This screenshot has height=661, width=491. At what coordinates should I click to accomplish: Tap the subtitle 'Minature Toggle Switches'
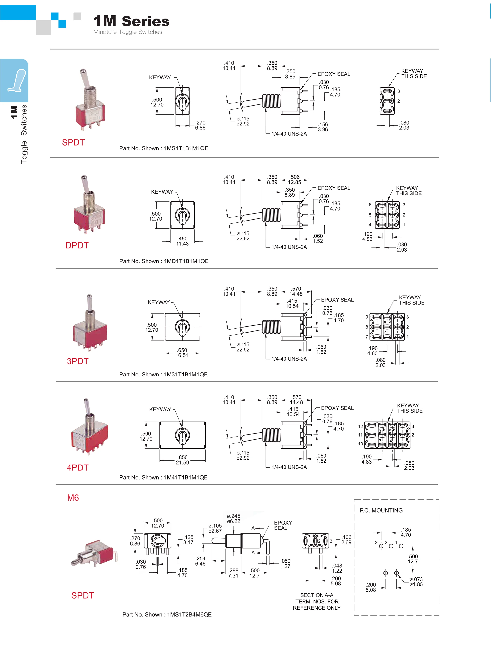point(128,32)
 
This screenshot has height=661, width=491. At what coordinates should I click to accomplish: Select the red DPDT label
point(77,245)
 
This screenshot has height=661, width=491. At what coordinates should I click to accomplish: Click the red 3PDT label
point(78,361)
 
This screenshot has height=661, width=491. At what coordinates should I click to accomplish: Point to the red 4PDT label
point(78,467)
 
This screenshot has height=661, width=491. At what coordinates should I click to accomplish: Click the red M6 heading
point(73,498)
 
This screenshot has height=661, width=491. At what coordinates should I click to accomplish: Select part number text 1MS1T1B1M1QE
point(186,148)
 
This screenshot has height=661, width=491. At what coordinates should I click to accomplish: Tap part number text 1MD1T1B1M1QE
point(186,261)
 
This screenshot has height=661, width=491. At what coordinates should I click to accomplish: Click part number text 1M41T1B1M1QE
point(186,477)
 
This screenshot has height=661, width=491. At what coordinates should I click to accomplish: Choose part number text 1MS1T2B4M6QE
point(189,615)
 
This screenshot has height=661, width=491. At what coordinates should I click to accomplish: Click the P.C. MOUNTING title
point(381,510)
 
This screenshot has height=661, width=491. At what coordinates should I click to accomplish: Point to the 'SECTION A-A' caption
point(317,595)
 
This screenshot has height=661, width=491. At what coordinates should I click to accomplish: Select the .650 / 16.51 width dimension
point(182,353)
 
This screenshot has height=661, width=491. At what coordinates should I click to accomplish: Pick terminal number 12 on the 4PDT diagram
point(361,426)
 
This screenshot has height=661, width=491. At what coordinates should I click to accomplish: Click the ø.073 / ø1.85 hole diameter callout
point(416,582)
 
